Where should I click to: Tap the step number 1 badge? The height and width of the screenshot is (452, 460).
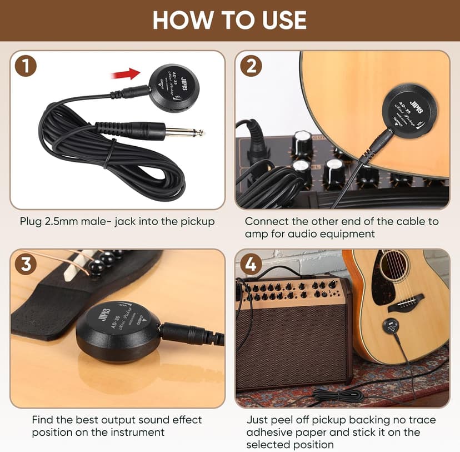tap(26, 66)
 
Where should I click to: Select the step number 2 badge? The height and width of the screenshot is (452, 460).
tap(251, 66)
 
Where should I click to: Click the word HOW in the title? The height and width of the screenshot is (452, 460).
tap(180, 21)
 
